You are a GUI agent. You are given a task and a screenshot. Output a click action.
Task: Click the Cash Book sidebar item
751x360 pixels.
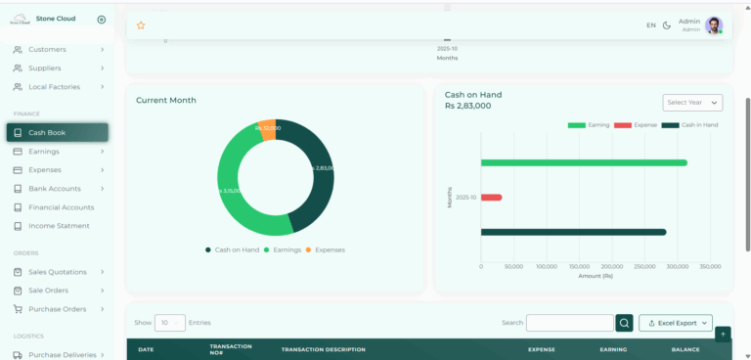click(57, 132)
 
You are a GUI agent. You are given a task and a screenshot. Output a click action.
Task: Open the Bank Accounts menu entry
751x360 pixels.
click(54, 188)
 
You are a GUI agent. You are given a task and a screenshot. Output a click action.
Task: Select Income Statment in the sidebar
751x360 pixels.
click(59, 226)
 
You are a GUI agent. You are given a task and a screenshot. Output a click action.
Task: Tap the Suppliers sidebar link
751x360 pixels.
click(45, 67)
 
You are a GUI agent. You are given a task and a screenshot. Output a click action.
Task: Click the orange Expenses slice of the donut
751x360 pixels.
click(268, 129)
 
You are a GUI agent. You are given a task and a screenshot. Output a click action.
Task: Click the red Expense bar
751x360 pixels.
click(491, 198)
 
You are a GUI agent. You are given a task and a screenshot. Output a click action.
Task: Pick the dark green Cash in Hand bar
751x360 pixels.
click(573, 232)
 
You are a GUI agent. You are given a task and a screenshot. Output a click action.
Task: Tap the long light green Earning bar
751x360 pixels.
click(584, 162)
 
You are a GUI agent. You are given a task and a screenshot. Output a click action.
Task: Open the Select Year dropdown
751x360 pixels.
click(692, 103)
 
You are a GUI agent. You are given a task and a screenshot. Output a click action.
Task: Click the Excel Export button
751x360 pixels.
click(676, 323)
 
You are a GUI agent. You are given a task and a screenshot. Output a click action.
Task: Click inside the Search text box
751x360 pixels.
click(569, 323)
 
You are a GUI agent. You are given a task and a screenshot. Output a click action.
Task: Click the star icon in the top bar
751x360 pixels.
click(141, 25)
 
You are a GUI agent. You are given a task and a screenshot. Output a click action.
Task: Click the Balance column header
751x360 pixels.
click(685, 349)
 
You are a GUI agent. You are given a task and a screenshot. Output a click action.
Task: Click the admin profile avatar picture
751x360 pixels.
click(715, 25)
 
